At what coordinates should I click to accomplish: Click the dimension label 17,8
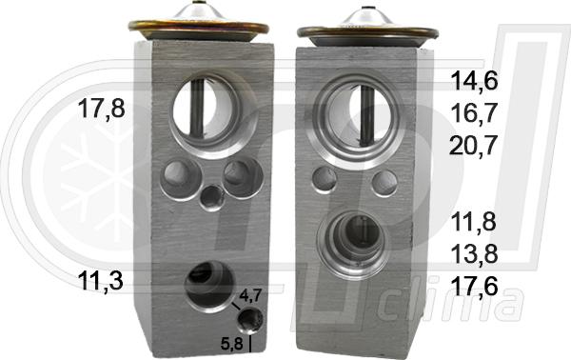pyautogui.click(x=101, y=110)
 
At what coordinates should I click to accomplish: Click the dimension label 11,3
pyautogui.click(x=101, y=281)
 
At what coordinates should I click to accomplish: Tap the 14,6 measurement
pyautogui.click(x=474, y=81)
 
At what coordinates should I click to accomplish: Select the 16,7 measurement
pyautogui.click(x=474, y=113)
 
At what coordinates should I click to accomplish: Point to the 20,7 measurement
pyautogui.click(x=473, y=146)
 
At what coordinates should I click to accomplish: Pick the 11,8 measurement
pyautogui.click(x=473, y=222)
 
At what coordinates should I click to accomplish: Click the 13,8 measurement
pyautogui.click(x=474, y=254)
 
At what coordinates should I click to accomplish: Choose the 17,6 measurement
pyautogui.click(x=474, y=286)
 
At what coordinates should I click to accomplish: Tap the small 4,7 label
pyautogui.click(x=249, y=295)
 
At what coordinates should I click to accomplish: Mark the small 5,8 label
pyautogui.click(x=232, y=344)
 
